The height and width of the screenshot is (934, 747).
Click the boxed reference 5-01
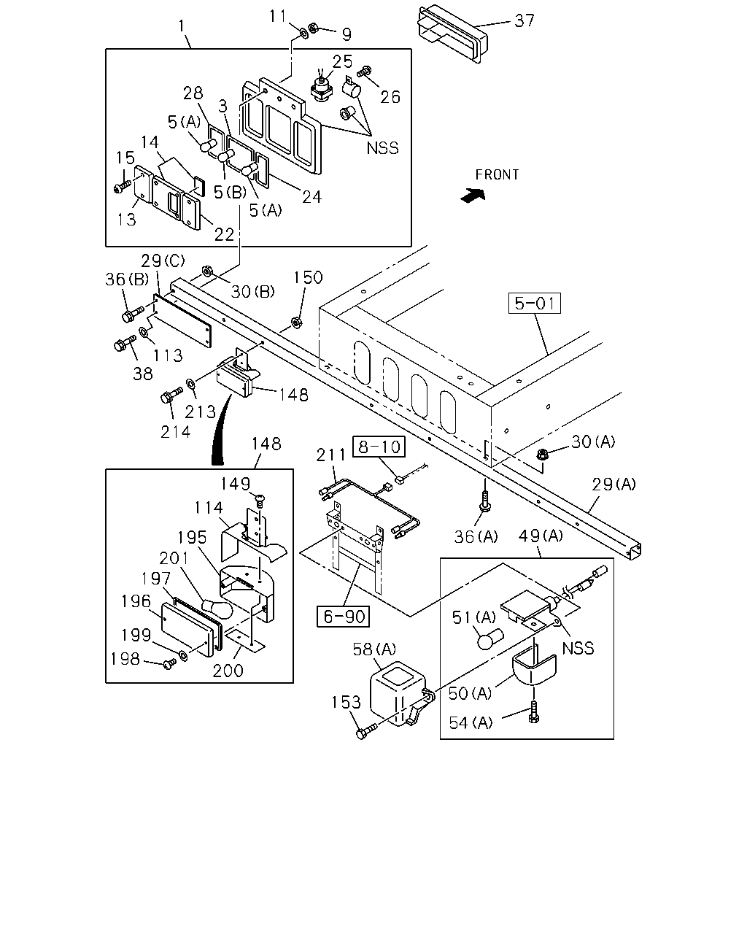point(534,303)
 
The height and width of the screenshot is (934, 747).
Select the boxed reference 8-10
point(379,446)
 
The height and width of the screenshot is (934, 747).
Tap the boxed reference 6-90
point(344,617)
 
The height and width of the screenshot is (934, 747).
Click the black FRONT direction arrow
point(473,196)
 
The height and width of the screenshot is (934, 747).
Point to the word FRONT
point(497,174)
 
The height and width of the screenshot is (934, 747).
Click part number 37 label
point(525,20)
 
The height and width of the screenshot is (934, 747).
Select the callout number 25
point(342,61)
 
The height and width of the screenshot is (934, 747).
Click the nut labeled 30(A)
point(542,455)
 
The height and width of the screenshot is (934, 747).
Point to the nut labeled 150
point(296,323)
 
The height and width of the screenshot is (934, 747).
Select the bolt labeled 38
point(125,343)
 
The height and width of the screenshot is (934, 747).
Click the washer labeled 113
point(143,333)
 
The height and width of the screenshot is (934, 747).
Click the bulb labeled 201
point(217,608)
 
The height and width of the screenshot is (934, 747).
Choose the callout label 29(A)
point(614,484)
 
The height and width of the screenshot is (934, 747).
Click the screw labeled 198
point(169,663)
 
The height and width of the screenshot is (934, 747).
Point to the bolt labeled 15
point(122,187)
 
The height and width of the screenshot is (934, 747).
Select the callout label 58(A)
point(374,649)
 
